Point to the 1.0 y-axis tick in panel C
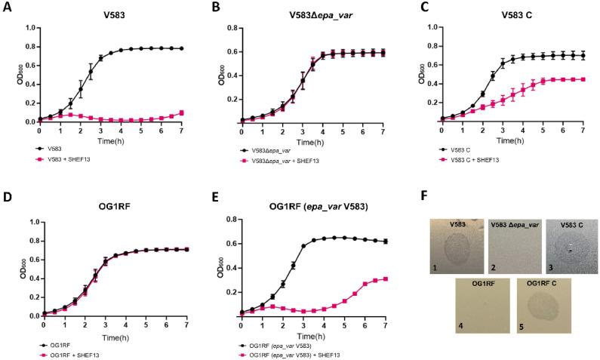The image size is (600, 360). click(x=434, y=28)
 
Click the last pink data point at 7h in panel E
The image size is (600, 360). click(x=386, y=278)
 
